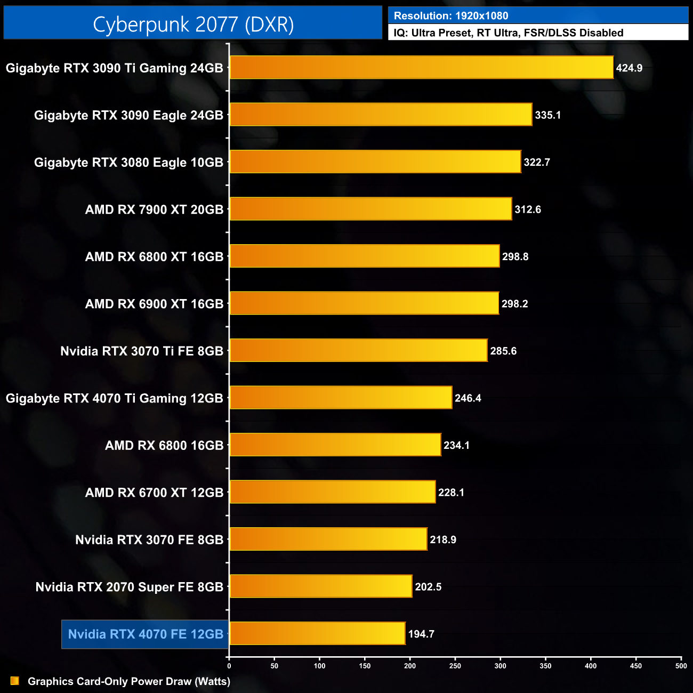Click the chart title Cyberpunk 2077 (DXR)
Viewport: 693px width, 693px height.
click(193, 25)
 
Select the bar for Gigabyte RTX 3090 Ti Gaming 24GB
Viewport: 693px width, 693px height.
click(421, 68)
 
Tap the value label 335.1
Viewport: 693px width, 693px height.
click(547, 115)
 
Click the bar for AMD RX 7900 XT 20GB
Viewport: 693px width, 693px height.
click(370, 209)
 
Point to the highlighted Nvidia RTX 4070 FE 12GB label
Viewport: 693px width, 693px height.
click(146, 634)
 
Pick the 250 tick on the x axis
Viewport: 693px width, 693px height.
click(455, 666)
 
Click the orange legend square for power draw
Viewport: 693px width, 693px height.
click(15, 681)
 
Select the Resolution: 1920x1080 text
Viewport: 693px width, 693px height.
click(451, 16)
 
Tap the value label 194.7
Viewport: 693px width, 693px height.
click(421, 634)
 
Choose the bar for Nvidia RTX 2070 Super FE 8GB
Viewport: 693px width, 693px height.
click(320, 586)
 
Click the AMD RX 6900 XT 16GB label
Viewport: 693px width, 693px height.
click(154, 304)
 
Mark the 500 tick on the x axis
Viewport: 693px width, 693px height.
click(681, 666)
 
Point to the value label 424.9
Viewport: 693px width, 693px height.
click(629, 68)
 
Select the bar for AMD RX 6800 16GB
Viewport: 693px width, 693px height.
click(335, 445)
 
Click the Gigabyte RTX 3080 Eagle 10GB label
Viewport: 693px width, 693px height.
click(128, 163)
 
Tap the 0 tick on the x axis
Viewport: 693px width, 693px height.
click(229, 666)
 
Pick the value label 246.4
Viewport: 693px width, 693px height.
click(468, 398)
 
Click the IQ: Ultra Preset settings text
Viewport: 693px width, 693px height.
click(508, 33)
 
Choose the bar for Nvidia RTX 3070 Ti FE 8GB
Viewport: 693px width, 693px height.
click(358, 350)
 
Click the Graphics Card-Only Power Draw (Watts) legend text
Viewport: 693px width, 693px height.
click(129, 681)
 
